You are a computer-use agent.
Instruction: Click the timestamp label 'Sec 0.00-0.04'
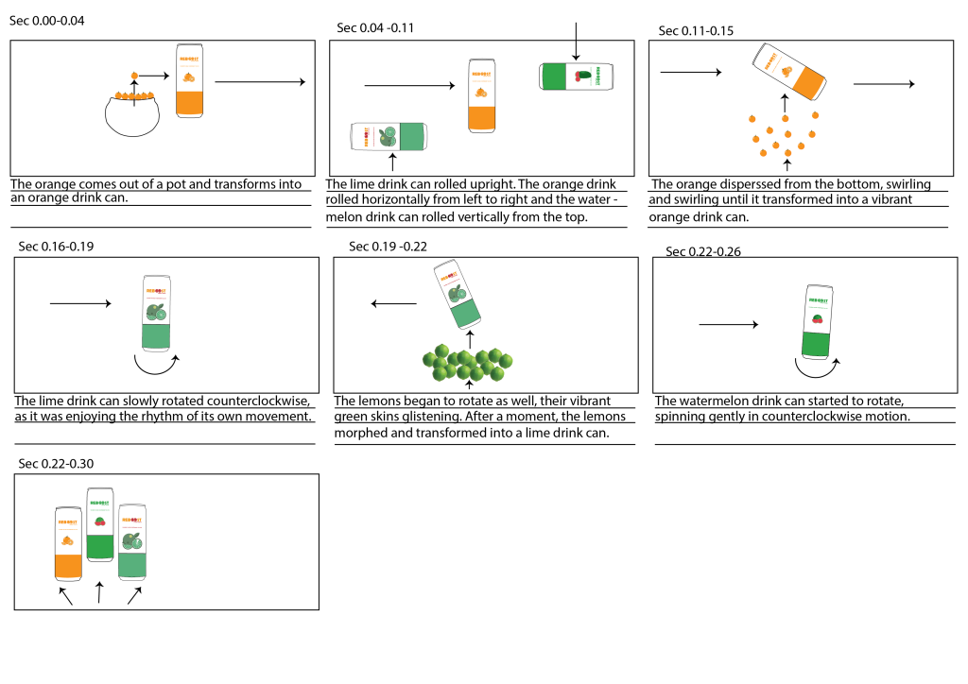[47, 21]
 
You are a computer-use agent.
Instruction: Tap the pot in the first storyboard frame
[138, 113]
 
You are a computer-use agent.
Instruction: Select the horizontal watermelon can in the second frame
[576, 77]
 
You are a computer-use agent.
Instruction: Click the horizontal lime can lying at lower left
[387, 136]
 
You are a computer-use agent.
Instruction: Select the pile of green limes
[469, 362]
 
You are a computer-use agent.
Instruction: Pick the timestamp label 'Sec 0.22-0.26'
[705, 251]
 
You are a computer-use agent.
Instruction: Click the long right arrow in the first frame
[260, 82]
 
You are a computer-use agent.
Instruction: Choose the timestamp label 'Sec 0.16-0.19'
[56, 247]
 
